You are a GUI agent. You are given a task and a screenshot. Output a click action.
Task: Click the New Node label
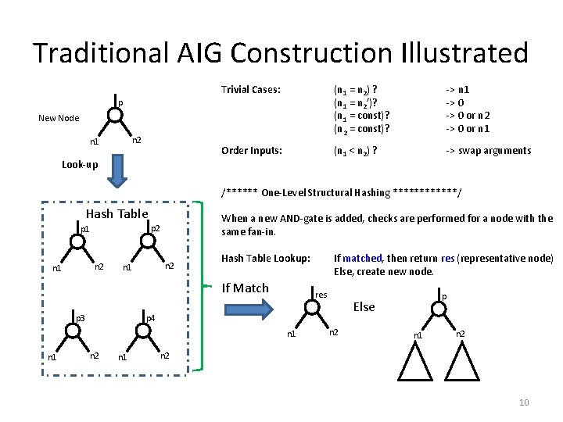pos(59,118)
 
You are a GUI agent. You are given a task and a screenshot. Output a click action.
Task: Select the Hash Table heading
pos(117,213)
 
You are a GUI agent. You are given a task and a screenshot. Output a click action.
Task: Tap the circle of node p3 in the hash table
pos(73,331)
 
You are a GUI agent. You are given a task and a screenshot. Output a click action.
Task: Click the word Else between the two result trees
pos(364,307)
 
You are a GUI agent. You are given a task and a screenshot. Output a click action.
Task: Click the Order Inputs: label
pos(252,150)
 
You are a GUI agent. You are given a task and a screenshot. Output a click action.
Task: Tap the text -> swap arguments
pos(488,150)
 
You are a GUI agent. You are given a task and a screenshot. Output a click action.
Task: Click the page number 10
pos(524,402)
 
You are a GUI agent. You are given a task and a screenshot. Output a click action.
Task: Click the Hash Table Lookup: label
pos(266,258)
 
